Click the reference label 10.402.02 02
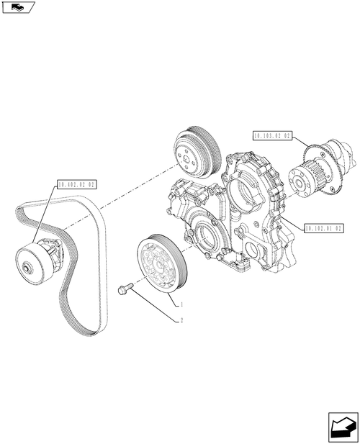pyautogui.click(x=73, y=185)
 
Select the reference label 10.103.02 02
pyautogui.click(x=271, y=135)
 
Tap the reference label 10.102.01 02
pyautogui.click(x=323, y=227)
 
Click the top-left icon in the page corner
pyautogui.click(x=17, y=9)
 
